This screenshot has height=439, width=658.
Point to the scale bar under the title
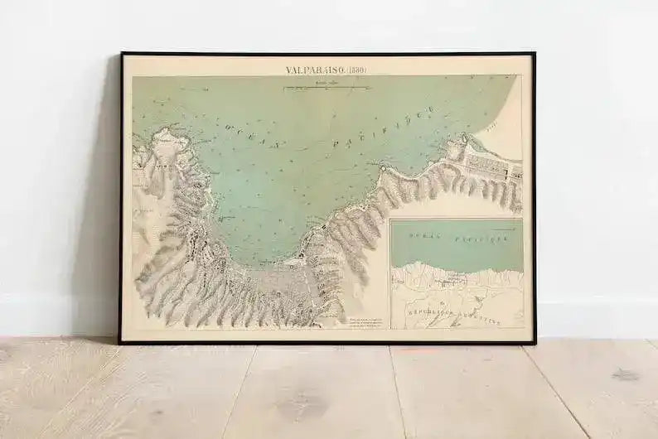[326, 86]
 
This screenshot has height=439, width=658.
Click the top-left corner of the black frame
[121, 54]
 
